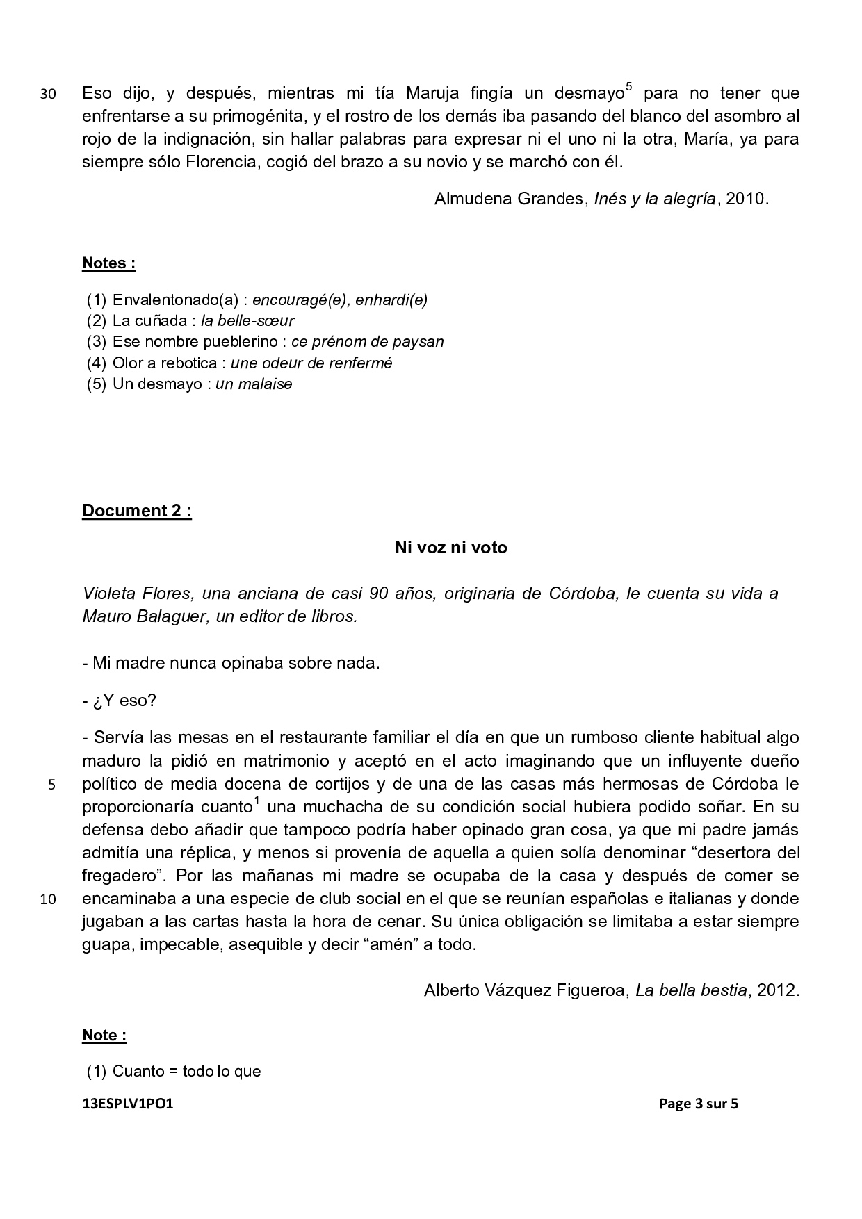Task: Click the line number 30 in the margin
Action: (x=48, y=94)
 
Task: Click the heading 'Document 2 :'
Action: (x=137, y=511)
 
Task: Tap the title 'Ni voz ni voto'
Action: (x=451, y=548)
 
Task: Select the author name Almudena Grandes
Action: (x=508, y=199)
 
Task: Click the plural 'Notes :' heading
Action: (x=109, y=263)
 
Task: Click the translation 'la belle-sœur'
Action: (x=247, y=321)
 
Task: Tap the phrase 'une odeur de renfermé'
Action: (x=311, y=363)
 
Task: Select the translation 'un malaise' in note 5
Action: (x=254, y=384)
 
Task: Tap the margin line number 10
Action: (x=48, y=899)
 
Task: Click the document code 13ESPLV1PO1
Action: (x=127, y=1104)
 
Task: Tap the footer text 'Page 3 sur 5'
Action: (x=699, y=1104)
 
